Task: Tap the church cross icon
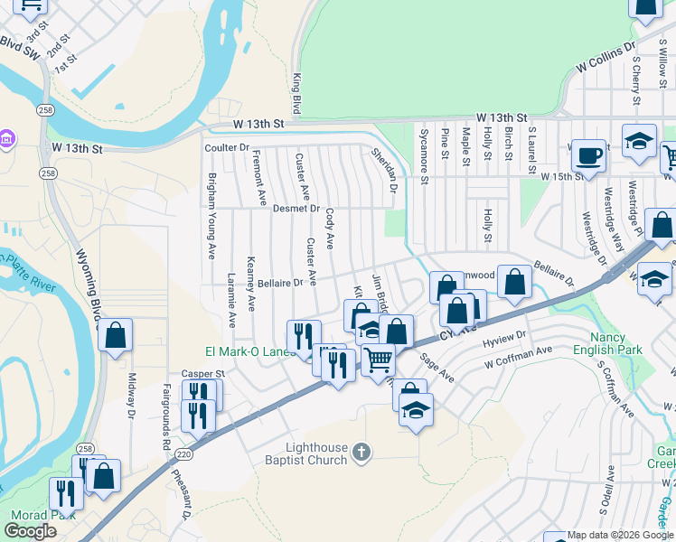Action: point(361,452)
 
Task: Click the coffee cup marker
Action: point(590,156)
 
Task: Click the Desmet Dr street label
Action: point(296,209)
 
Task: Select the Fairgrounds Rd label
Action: point(166,418)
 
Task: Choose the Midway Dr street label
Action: point(131,397)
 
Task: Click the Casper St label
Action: point(202,373)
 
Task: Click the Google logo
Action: point(30,531)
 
